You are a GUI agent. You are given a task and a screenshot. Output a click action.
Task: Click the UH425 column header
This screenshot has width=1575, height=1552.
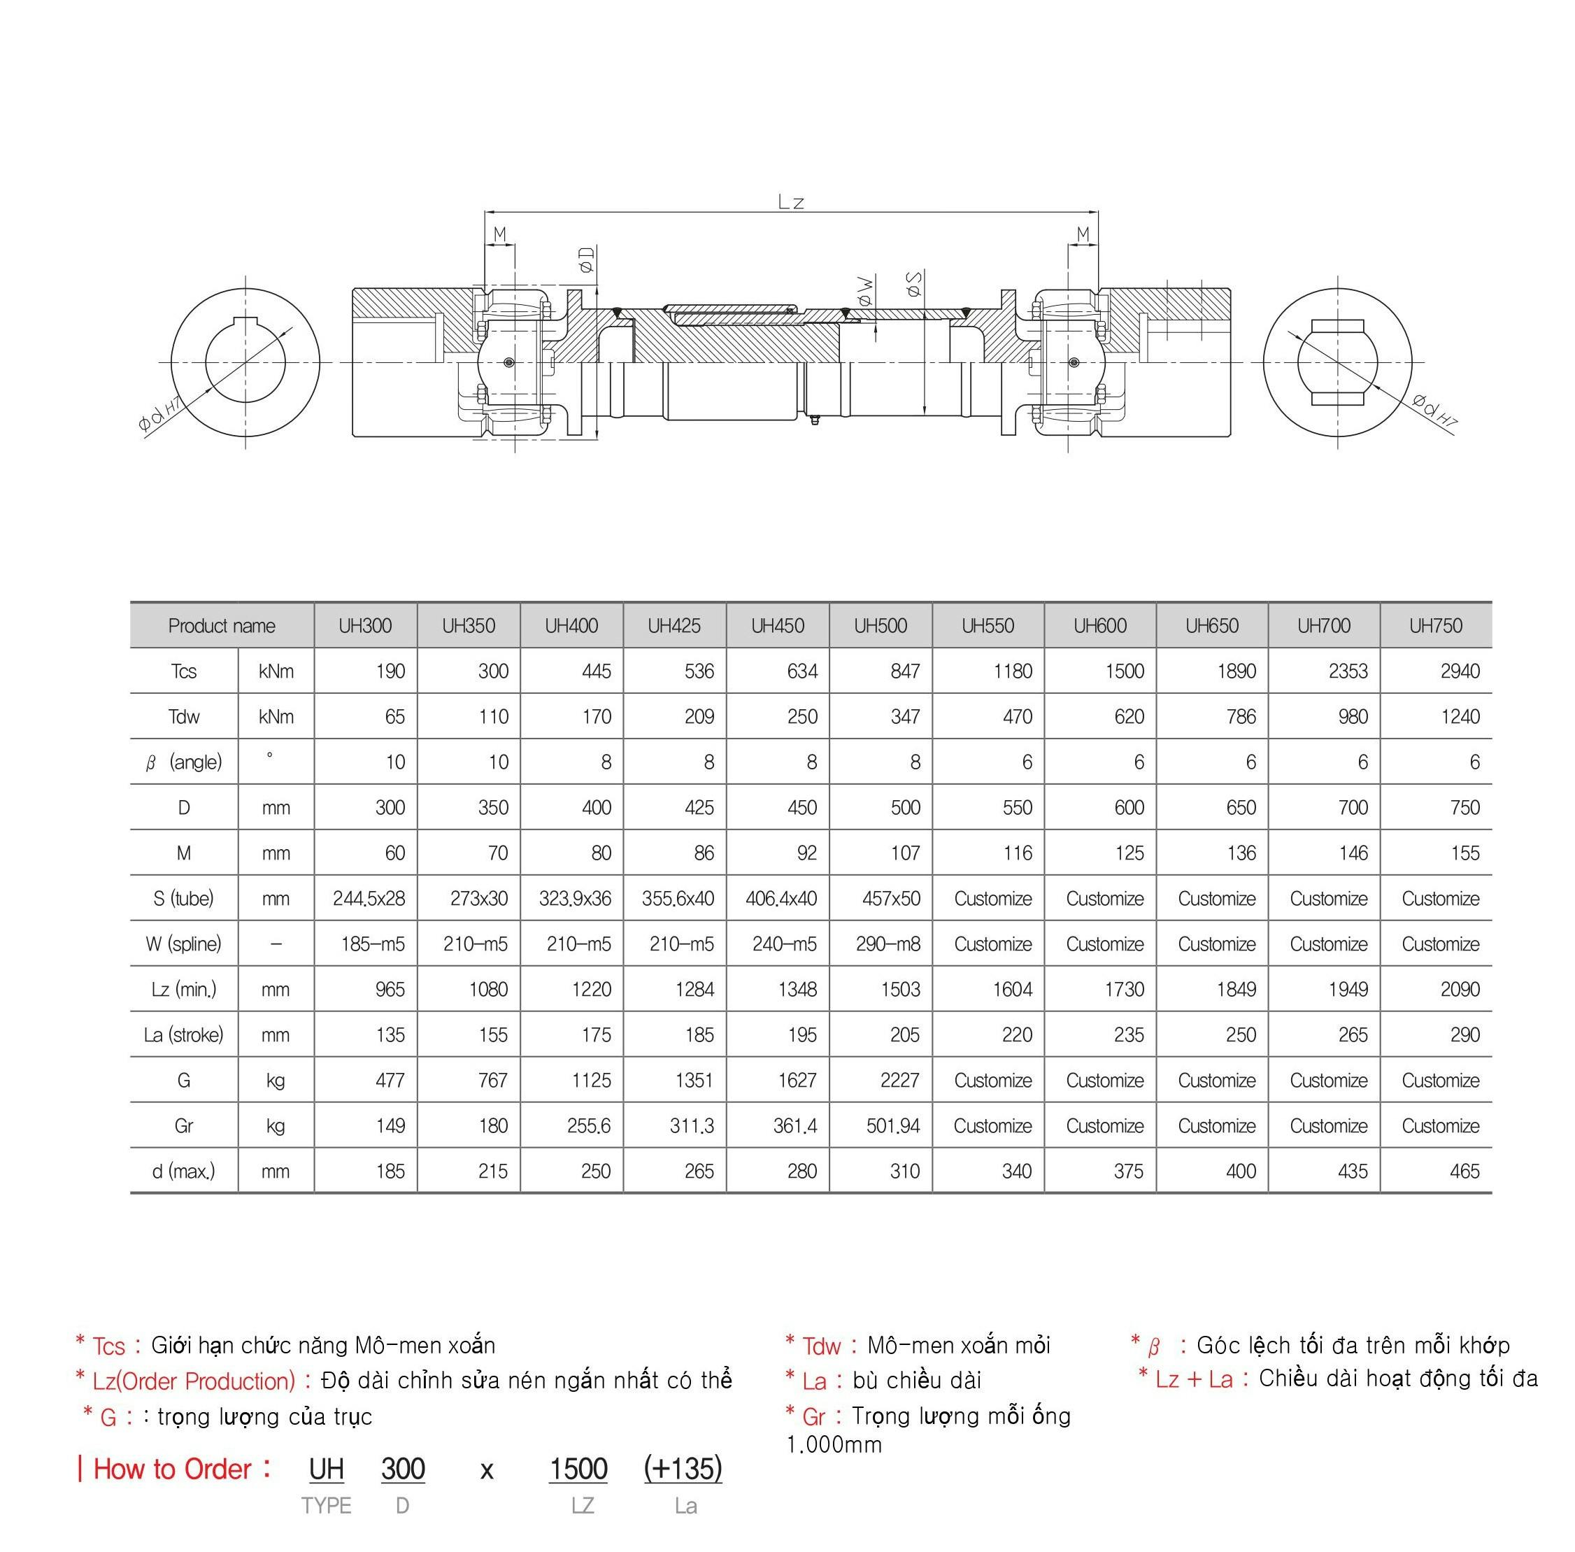[x=674, y=626]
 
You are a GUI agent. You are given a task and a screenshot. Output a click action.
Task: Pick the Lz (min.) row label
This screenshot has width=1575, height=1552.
[x=183, y=990]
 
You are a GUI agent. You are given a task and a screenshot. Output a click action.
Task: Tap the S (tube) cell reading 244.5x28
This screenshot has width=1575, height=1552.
[x=369, y=898]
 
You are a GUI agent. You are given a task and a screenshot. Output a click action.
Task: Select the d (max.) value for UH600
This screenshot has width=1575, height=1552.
[x=1128, y=1172]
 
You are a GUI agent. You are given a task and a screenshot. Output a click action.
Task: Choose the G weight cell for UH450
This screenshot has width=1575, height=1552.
[x=797, y=1081]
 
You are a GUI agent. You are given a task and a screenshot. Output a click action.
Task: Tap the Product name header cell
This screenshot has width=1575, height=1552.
[x=222, y=626]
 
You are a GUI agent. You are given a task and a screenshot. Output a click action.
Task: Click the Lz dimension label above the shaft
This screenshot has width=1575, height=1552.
[x=791, y=202]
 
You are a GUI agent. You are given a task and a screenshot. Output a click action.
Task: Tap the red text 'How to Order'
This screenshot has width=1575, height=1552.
[x=172, y=1469]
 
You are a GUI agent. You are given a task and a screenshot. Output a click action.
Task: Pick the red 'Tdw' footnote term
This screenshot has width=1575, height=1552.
[x=821, y=1346]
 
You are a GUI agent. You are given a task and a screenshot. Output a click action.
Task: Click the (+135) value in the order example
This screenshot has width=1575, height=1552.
[x=683, y=1469]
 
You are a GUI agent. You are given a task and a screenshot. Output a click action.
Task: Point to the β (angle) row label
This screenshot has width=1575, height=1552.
[x=183, y=763]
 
